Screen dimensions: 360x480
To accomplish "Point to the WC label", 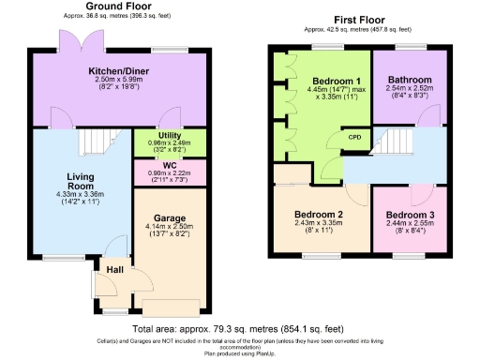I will coord(157,165).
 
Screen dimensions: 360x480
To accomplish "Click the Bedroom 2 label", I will coord(313,215).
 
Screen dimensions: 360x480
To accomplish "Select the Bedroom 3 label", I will coord(410,215).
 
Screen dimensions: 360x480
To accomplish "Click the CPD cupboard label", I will coord(355,137).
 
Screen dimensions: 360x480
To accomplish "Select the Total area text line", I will coord(240,329).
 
